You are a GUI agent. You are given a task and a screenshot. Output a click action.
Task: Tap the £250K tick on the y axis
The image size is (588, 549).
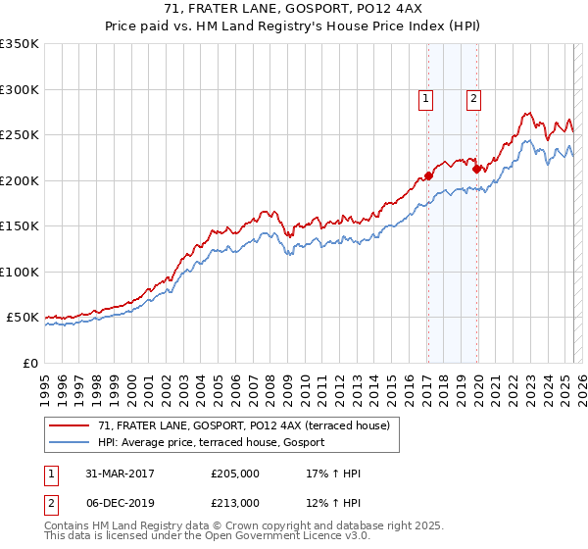pos(20,135)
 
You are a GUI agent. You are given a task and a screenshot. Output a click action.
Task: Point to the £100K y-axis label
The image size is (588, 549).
pos(20,272)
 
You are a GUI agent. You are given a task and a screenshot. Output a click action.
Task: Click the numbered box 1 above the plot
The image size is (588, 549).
pos(426,98)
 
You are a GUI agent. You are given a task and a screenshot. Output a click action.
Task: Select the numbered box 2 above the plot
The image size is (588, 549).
pos(473,98)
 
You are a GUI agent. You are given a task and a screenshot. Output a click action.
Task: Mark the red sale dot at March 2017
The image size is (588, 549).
pos(428,176)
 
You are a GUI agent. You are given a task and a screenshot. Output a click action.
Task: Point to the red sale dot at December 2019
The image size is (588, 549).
pos(475,169)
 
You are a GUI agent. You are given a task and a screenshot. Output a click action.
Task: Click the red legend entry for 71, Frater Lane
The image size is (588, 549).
pos(244,425)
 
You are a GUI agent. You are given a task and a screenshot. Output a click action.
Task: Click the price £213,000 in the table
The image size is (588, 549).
pos(235,503)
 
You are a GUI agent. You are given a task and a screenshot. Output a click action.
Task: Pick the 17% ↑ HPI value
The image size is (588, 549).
pos(333,474)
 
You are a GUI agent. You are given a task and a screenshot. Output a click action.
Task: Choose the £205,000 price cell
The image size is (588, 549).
pos(235,474)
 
